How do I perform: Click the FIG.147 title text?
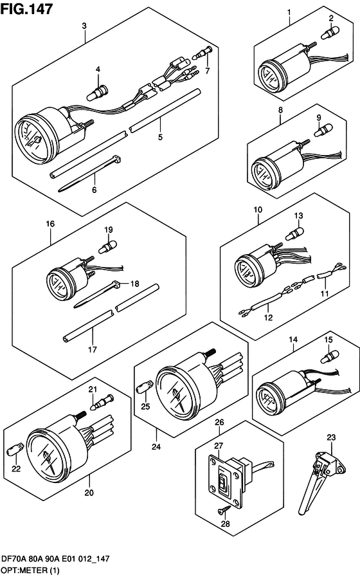tap(26, 9)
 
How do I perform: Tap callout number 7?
tap(208, 71)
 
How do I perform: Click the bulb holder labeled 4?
tap(97, 93)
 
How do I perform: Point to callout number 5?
tap(160, 137)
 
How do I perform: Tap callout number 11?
tap(325, 293)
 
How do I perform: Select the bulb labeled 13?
tap(295, 234)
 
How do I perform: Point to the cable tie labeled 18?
tap(98, 294)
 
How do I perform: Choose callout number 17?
tap(92, 349)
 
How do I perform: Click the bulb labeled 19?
tap(107, 246)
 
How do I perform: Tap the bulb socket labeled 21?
tap(102, 402)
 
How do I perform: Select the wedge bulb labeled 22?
tap(15, 449)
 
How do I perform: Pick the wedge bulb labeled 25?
tap(144, 388)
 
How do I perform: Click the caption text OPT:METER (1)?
tap(30, 571)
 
